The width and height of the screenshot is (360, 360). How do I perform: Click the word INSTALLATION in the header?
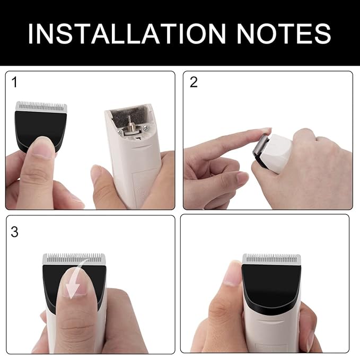127,33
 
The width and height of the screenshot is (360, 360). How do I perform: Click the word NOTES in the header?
284,33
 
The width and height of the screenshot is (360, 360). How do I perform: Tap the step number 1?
14,82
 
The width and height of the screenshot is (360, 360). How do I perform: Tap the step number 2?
194,82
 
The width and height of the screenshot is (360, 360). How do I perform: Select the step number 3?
14,232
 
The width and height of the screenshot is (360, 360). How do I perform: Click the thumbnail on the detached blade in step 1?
43,147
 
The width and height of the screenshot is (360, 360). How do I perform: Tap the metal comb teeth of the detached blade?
41,107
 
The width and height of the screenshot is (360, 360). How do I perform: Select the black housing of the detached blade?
41,128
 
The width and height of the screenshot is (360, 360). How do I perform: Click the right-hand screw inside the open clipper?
145,128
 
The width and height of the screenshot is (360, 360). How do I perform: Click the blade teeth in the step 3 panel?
74,259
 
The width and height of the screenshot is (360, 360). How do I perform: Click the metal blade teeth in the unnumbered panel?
271,259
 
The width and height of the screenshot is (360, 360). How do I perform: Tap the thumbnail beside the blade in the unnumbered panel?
231,275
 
